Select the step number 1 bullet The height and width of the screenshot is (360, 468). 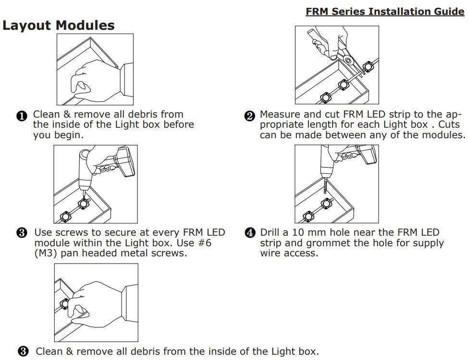[x=22, y=116]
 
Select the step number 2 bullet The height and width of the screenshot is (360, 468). [x=249, y=116]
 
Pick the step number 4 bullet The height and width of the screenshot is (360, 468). [x=249, y=234]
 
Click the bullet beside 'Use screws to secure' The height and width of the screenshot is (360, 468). [x=22, y=234]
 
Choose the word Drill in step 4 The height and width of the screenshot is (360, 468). [x=270, y=233]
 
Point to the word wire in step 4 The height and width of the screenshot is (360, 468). [x=271, y=253]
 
